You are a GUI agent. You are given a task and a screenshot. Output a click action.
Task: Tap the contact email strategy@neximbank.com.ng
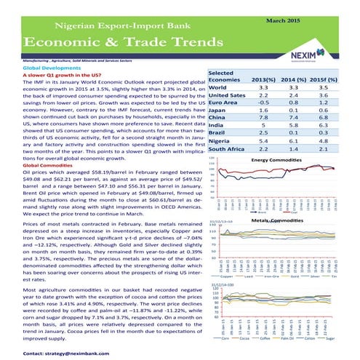pyautogui.click(x=70, y=352)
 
